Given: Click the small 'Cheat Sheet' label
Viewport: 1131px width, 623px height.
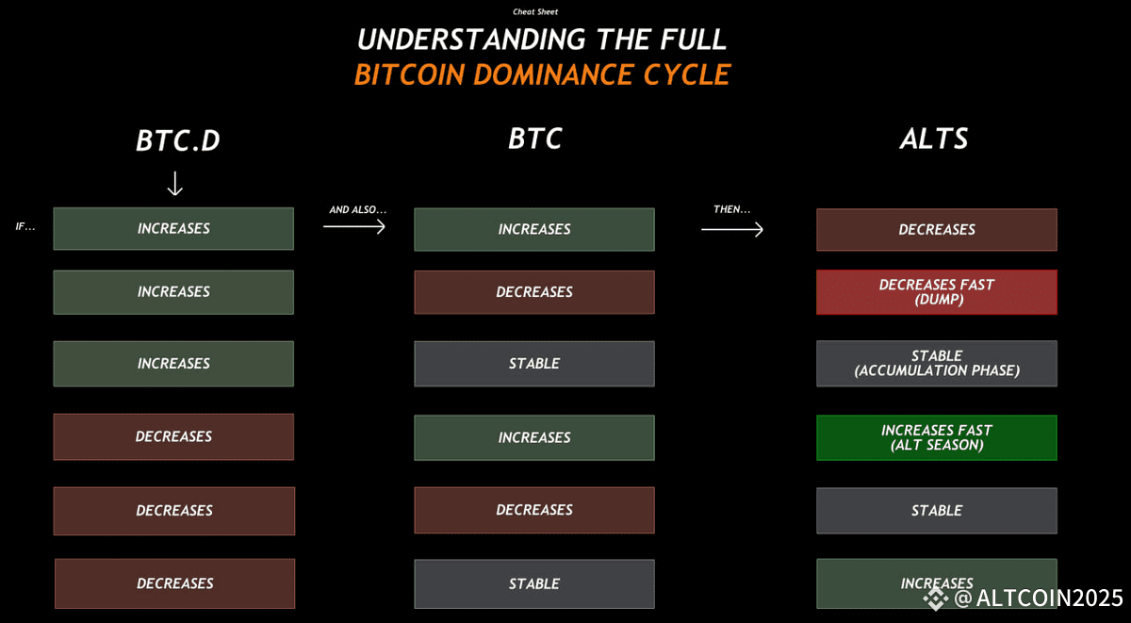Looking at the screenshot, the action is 535,11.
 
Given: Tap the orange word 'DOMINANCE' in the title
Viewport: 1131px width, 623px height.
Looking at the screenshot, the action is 553,74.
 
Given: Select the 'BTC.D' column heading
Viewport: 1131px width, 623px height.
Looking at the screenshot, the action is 178,140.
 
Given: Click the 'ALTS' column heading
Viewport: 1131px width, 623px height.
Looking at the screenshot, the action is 934,139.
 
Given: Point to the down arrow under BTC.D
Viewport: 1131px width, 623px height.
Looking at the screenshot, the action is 174,183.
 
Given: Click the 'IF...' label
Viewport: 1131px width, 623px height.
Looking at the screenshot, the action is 25,227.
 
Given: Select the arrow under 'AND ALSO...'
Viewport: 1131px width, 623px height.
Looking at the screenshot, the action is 354,227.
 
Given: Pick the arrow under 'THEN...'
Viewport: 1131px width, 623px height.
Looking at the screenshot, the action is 732,230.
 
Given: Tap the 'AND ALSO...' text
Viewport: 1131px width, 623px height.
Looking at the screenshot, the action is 358,209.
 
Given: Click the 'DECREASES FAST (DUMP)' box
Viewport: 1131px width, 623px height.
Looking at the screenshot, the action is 937,292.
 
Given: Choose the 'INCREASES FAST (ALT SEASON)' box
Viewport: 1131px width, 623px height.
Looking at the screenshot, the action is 937,437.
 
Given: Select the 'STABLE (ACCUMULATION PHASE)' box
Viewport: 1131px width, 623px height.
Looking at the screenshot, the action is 937,364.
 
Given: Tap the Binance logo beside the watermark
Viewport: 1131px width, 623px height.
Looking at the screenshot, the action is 936,598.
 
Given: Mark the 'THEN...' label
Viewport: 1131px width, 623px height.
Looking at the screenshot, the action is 732,209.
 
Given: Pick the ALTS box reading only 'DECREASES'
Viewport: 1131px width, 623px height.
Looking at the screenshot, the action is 937,230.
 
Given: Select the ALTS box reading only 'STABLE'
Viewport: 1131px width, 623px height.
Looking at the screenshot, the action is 937,511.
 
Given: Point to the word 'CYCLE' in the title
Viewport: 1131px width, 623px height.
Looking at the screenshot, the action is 687,74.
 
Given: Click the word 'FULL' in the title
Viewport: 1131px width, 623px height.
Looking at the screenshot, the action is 694,40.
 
